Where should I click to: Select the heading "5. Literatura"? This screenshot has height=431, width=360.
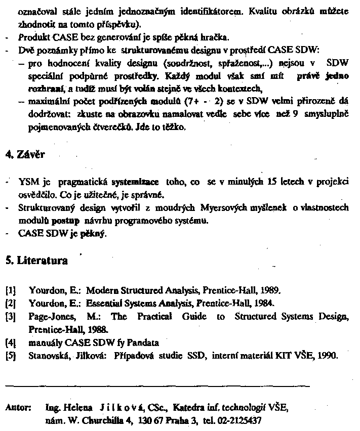36,261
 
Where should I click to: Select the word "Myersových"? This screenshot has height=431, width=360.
226,208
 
